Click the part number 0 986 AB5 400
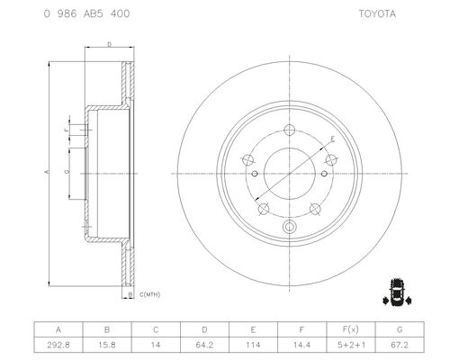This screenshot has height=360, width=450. pos(86,13)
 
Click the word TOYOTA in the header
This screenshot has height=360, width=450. pos(377,13)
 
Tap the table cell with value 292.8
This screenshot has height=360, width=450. pos(58,345)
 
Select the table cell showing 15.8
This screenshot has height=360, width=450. pos(107,345)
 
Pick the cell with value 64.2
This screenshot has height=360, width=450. pos(204,345)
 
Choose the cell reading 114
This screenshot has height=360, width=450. pos(253,345)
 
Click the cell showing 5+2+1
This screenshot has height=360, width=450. pos(351,345)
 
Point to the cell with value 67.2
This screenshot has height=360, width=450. pos(400,345)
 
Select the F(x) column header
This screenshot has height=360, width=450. pos(351,329)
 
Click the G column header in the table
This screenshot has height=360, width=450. pos(400,329)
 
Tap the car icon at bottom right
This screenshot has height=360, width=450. pos(397,292)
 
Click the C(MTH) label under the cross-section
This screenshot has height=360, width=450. pos(150,294)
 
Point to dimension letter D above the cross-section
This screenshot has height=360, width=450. pos(110,44)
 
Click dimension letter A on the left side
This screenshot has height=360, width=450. pos(47,172)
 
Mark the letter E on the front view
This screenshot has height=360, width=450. pos(332,139)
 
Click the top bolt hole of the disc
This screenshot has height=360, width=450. pos(290,130)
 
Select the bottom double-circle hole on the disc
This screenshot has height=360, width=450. pos(290,227)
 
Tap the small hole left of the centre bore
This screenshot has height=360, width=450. pos(255,174)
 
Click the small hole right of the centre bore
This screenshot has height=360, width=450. pos(324,174)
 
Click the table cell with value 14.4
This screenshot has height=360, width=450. pos(301,345)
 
